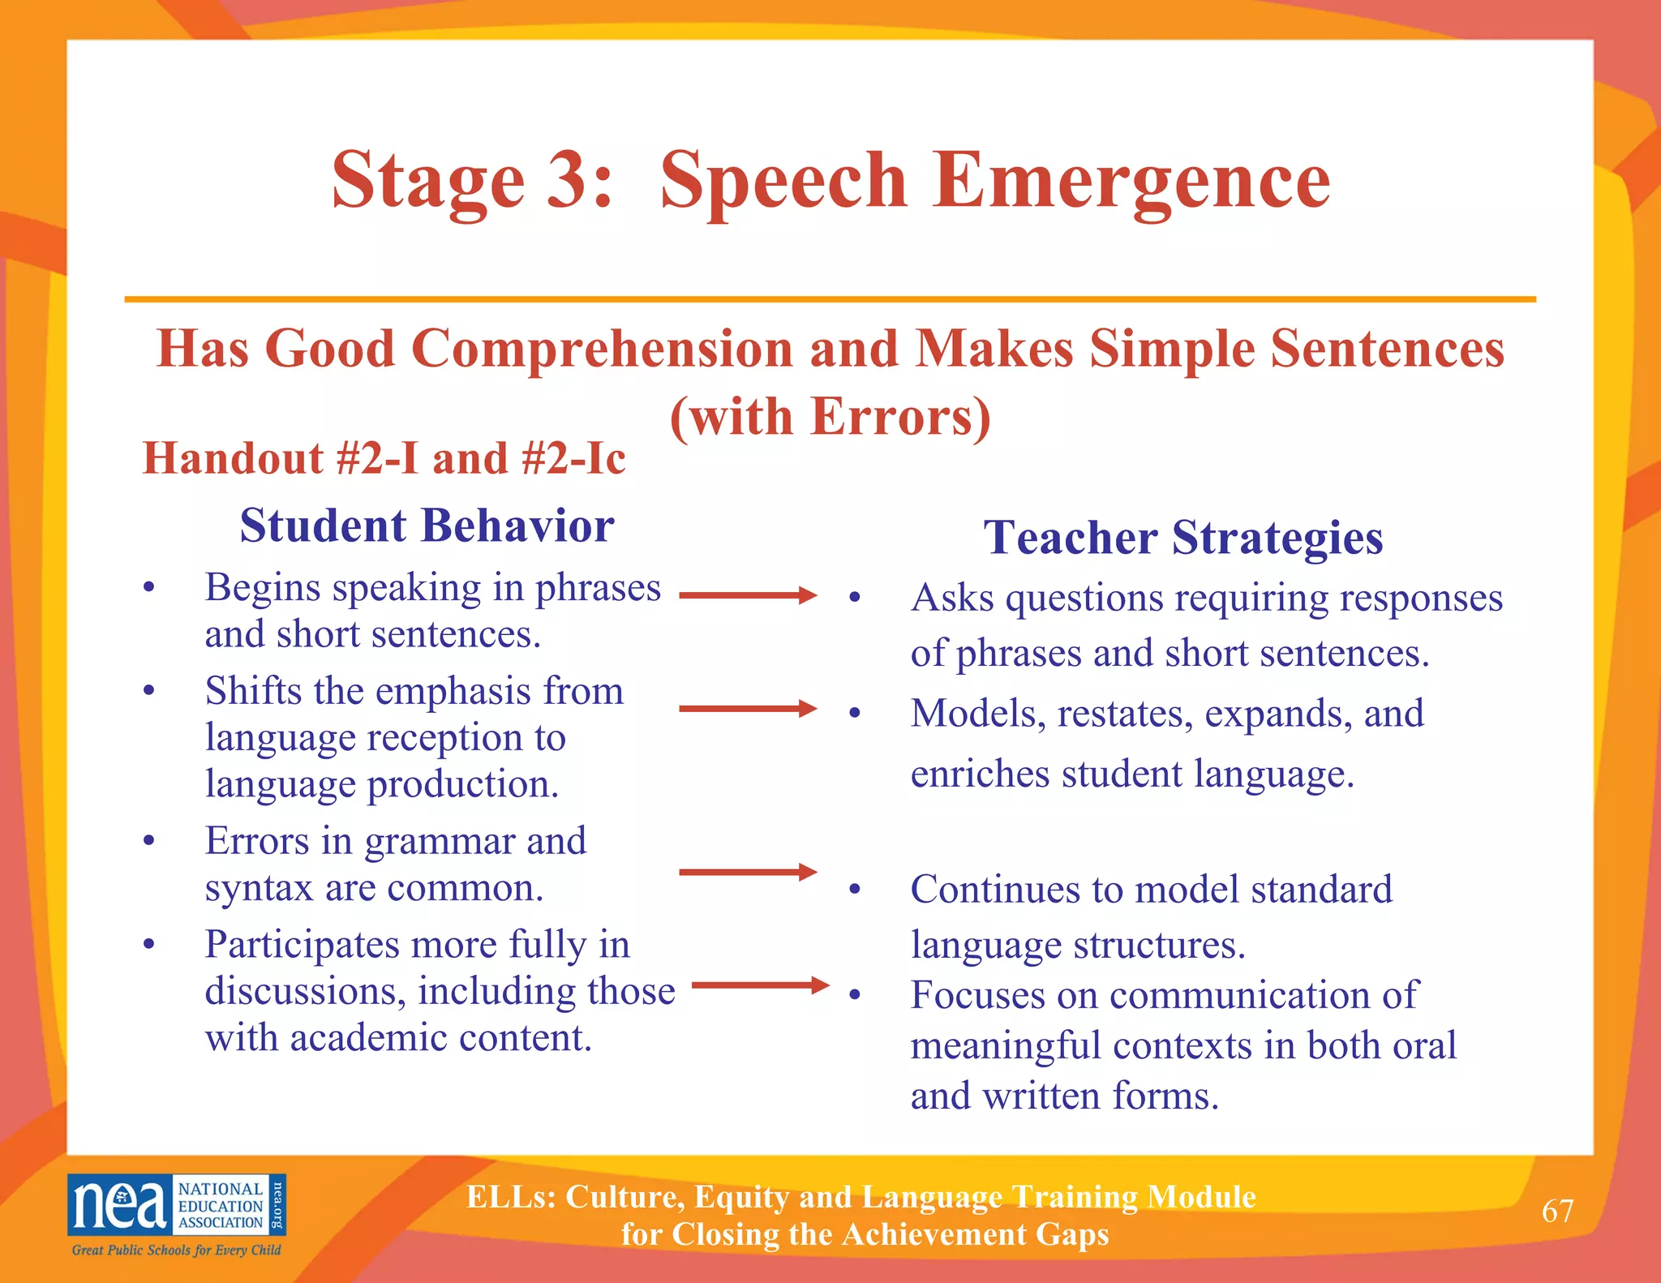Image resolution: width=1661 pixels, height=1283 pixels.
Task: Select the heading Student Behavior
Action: click(427, 526)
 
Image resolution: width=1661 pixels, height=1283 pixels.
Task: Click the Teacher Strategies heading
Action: click(1183, 537)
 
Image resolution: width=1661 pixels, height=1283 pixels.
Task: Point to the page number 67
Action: click(1557, 1211)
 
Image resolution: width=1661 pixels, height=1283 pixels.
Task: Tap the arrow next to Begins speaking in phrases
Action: click(748, 595)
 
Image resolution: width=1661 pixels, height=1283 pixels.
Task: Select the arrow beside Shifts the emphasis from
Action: click(748, 709)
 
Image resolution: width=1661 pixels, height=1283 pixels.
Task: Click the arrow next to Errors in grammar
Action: click(748, 873)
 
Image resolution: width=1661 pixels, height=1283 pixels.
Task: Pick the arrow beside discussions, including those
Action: click(760, 985)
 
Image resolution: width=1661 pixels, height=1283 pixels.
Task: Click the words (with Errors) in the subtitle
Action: click(830, 417)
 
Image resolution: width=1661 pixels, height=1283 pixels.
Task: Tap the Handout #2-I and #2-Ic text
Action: click(384, 458)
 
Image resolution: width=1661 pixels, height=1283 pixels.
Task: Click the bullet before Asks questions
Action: click(854, 599)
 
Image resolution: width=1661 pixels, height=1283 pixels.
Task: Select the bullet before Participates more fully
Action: click(148, 945)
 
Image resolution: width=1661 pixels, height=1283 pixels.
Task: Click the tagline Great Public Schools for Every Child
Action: click(177, 1250)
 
